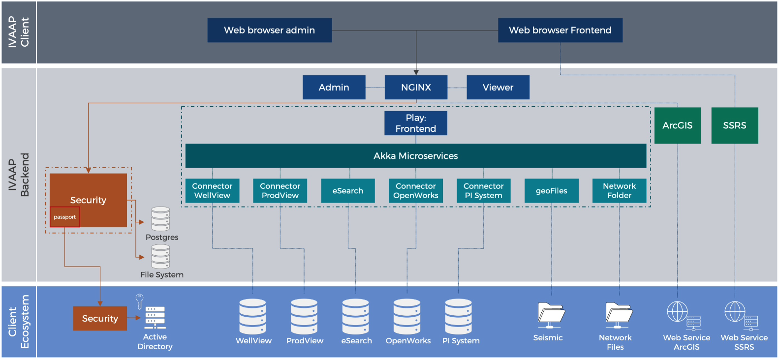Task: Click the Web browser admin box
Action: pyautogui.click(x=270, y=30)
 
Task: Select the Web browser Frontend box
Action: pyautogui.click(x=560, y=30)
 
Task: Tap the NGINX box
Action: pyautogui.click(x=416, y=87)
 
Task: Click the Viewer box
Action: pyautogui.click(x=498, y=87)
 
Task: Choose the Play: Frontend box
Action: pyautogui.click(x=416, y=123)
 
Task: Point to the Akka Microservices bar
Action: pyautogui.click(x=416, y=156)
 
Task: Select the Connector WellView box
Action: pyautogui.click(x=212, y=191)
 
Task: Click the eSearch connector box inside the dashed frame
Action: pyautogui.click(x=348, y=191)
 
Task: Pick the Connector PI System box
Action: pyautogui.click(x=483, y=191)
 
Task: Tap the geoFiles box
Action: pyautogui.click(x=552, y=191)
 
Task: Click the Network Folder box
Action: pyautogui.click(x=620, y=191)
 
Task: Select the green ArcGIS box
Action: pyautogui.click(x=678, y=125)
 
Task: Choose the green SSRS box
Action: pyautogui.click(x=735, y=125)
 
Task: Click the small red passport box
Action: pyautogui.click(x=64, y=217)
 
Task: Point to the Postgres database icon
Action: pyautogui.click(x=160, y=219)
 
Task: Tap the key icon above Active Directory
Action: pyautogui.click(x=139, y=301)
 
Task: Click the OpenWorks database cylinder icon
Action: pyautogui.click(x=407, y=317)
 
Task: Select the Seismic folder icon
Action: pyautogui.click(x=551, y=315)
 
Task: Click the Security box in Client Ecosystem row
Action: pyautogui.click(x=100, y=318)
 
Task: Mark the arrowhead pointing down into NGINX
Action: pyautogui.click(x=416, y=73)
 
